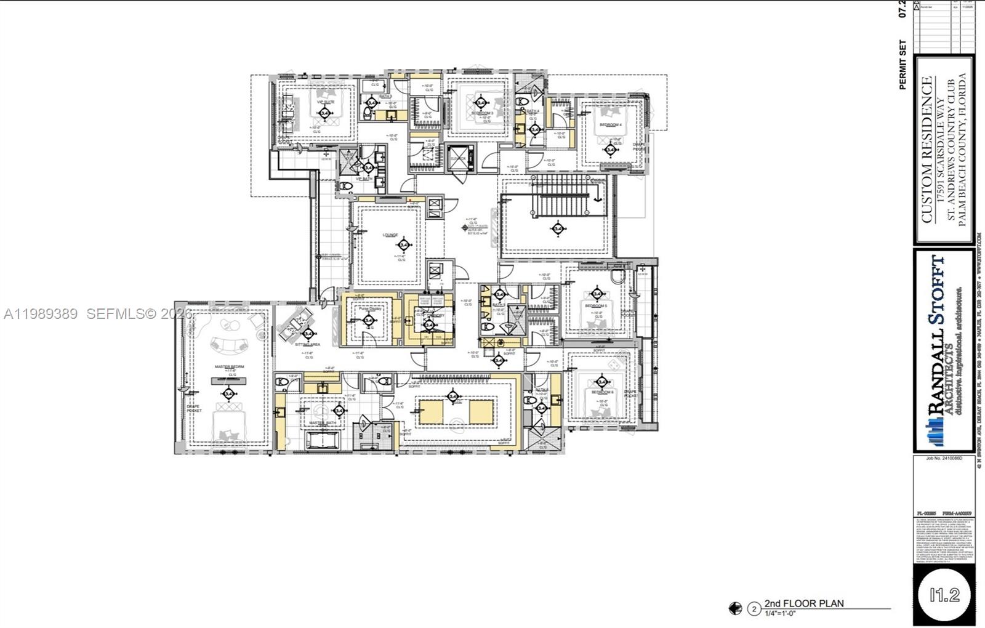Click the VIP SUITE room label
pyautogui.click(x=325, y=102)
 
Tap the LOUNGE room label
pyautogui.click(x=390, y=235)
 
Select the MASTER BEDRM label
pyautogui.click(x=229, y=367)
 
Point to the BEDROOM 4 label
pyautogui.click(x=611, y=125)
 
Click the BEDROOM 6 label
pyautogui.click(x=602, y=392)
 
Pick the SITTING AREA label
pyautogui.click(x=307, y=345)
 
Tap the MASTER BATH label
pyautogui.click(x=320, y=423)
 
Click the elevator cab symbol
pyautogui.click(x=458, y=158)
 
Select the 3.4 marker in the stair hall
pyautogui.click(x=558, y=229)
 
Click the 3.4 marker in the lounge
pyautogui.click(x=404, y=245)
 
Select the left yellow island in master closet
pyautogui.click(x=430, y=411)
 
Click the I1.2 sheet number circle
pyautogui.click(x=944, y=594)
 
